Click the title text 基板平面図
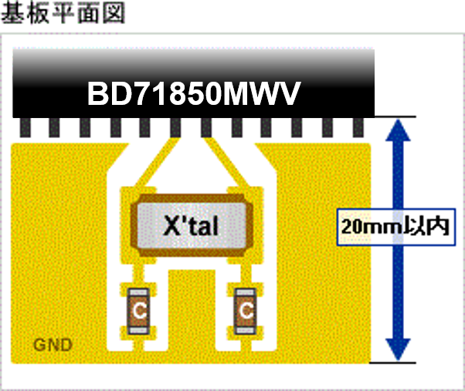click(x=63, y=13)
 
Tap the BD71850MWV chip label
click(x=194, y=93)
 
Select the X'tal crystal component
click(x=192, y=225)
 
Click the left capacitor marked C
click(x=138, y=311)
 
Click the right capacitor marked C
click(x=246, y=311)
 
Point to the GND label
click(x=53, y=345)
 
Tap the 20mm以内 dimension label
click(x=396, y=227)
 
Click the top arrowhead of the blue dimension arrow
click(x=398, y=130)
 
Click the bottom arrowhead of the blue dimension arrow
click(x=398, y=350)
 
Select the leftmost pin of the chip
click(x=25, y=127)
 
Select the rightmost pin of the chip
click(x=358, y=127)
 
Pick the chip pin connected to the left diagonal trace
click(x=175, y=127)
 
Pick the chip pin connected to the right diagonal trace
click(x=206, y=127)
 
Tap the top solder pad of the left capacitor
click(x=138, y=292)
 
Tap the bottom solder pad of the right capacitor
click(x=246, y=330)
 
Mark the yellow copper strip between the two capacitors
click(x=192, y=311)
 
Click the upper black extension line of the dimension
click(x=395, y=116)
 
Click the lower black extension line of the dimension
click(x=393, y=362)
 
